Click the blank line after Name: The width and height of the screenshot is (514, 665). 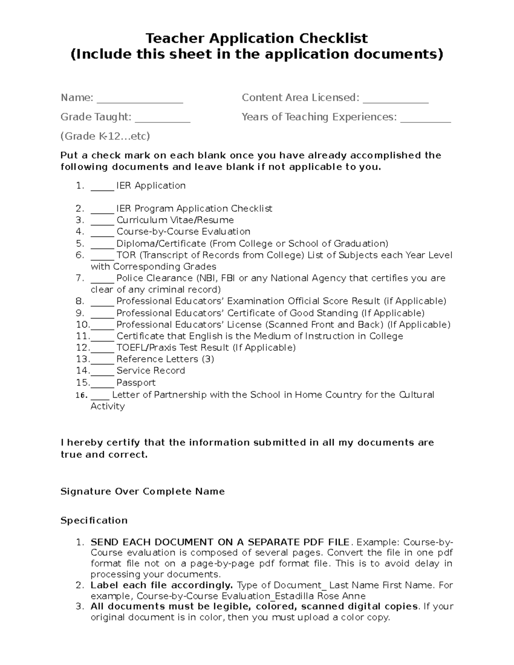140,99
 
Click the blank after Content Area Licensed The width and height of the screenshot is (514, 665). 395,99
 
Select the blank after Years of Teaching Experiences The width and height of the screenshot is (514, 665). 425,119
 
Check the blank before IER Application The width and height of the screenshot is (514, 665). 102,187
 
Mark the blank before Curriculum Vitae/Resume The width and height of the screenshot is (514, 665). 102,221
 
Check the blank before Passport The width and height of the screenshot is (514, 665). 102,384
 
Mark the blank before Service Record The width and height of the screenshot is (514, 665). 102,372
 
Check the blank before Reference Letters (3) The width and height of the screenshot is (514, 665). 102,360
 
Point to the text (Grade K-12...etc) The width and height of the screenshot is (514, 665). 105,136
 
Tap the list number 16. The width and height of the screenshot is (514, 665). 81,395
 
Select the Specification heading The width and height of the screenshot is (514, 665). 94,520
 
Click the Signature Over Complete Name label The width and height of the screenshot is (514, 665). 142,491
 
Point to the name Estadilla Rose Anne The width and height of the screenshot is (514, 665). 320,596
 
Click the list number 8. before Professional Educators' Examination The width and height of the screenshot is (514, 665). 80,301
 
